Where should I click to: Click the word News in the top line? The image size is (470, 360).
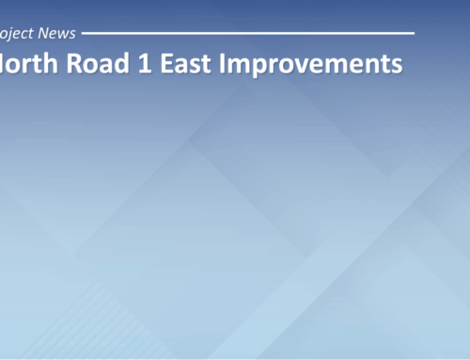click(56, 33)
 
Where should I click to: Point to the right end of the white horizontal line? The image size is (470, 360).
click(414, 33)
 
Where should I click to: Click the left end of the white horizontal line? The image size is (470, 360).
click(83, 33)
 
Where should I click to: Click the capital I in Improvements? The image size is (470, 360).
click(214, 64)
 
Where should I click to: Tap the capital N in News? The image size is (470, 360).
click(43, 33)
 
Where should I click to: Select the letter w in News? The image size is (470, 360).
click(62, 34)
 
